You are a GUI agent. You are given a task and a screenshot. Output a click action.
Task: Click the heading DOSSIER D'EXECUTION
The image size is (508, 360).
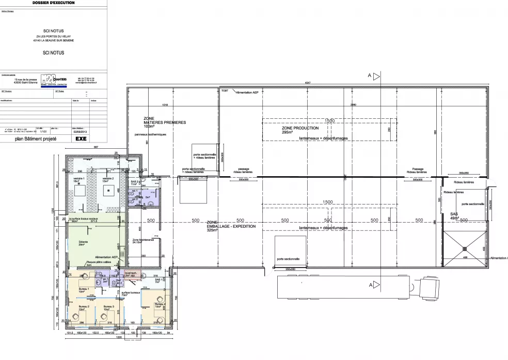coord(53,3)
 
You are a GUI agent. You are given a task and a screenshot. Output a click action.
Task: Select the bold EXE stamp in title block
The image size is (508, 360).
coord(81,139)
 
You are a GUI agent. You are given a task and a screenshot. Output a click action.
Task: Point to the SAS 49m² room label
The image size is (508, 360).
coord(454,216)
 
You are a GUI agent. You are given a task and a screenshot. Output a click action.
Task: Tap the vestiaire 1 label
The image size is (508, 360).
coord(79,179)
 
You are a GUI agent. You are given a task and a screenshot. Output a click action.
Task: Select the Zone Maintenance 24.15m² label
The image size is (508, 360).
coord(142,241)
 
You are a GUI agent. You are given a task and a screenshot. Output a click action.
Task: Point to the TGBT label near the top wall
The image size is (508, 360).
coord(225,90)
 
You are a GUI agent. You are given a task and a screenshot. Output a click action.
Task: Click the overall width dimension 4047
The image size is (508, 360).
coord(308,83)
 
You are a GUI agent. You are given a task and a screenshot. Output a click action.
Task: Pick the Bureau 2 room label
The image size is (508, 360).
coord(84,308)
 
